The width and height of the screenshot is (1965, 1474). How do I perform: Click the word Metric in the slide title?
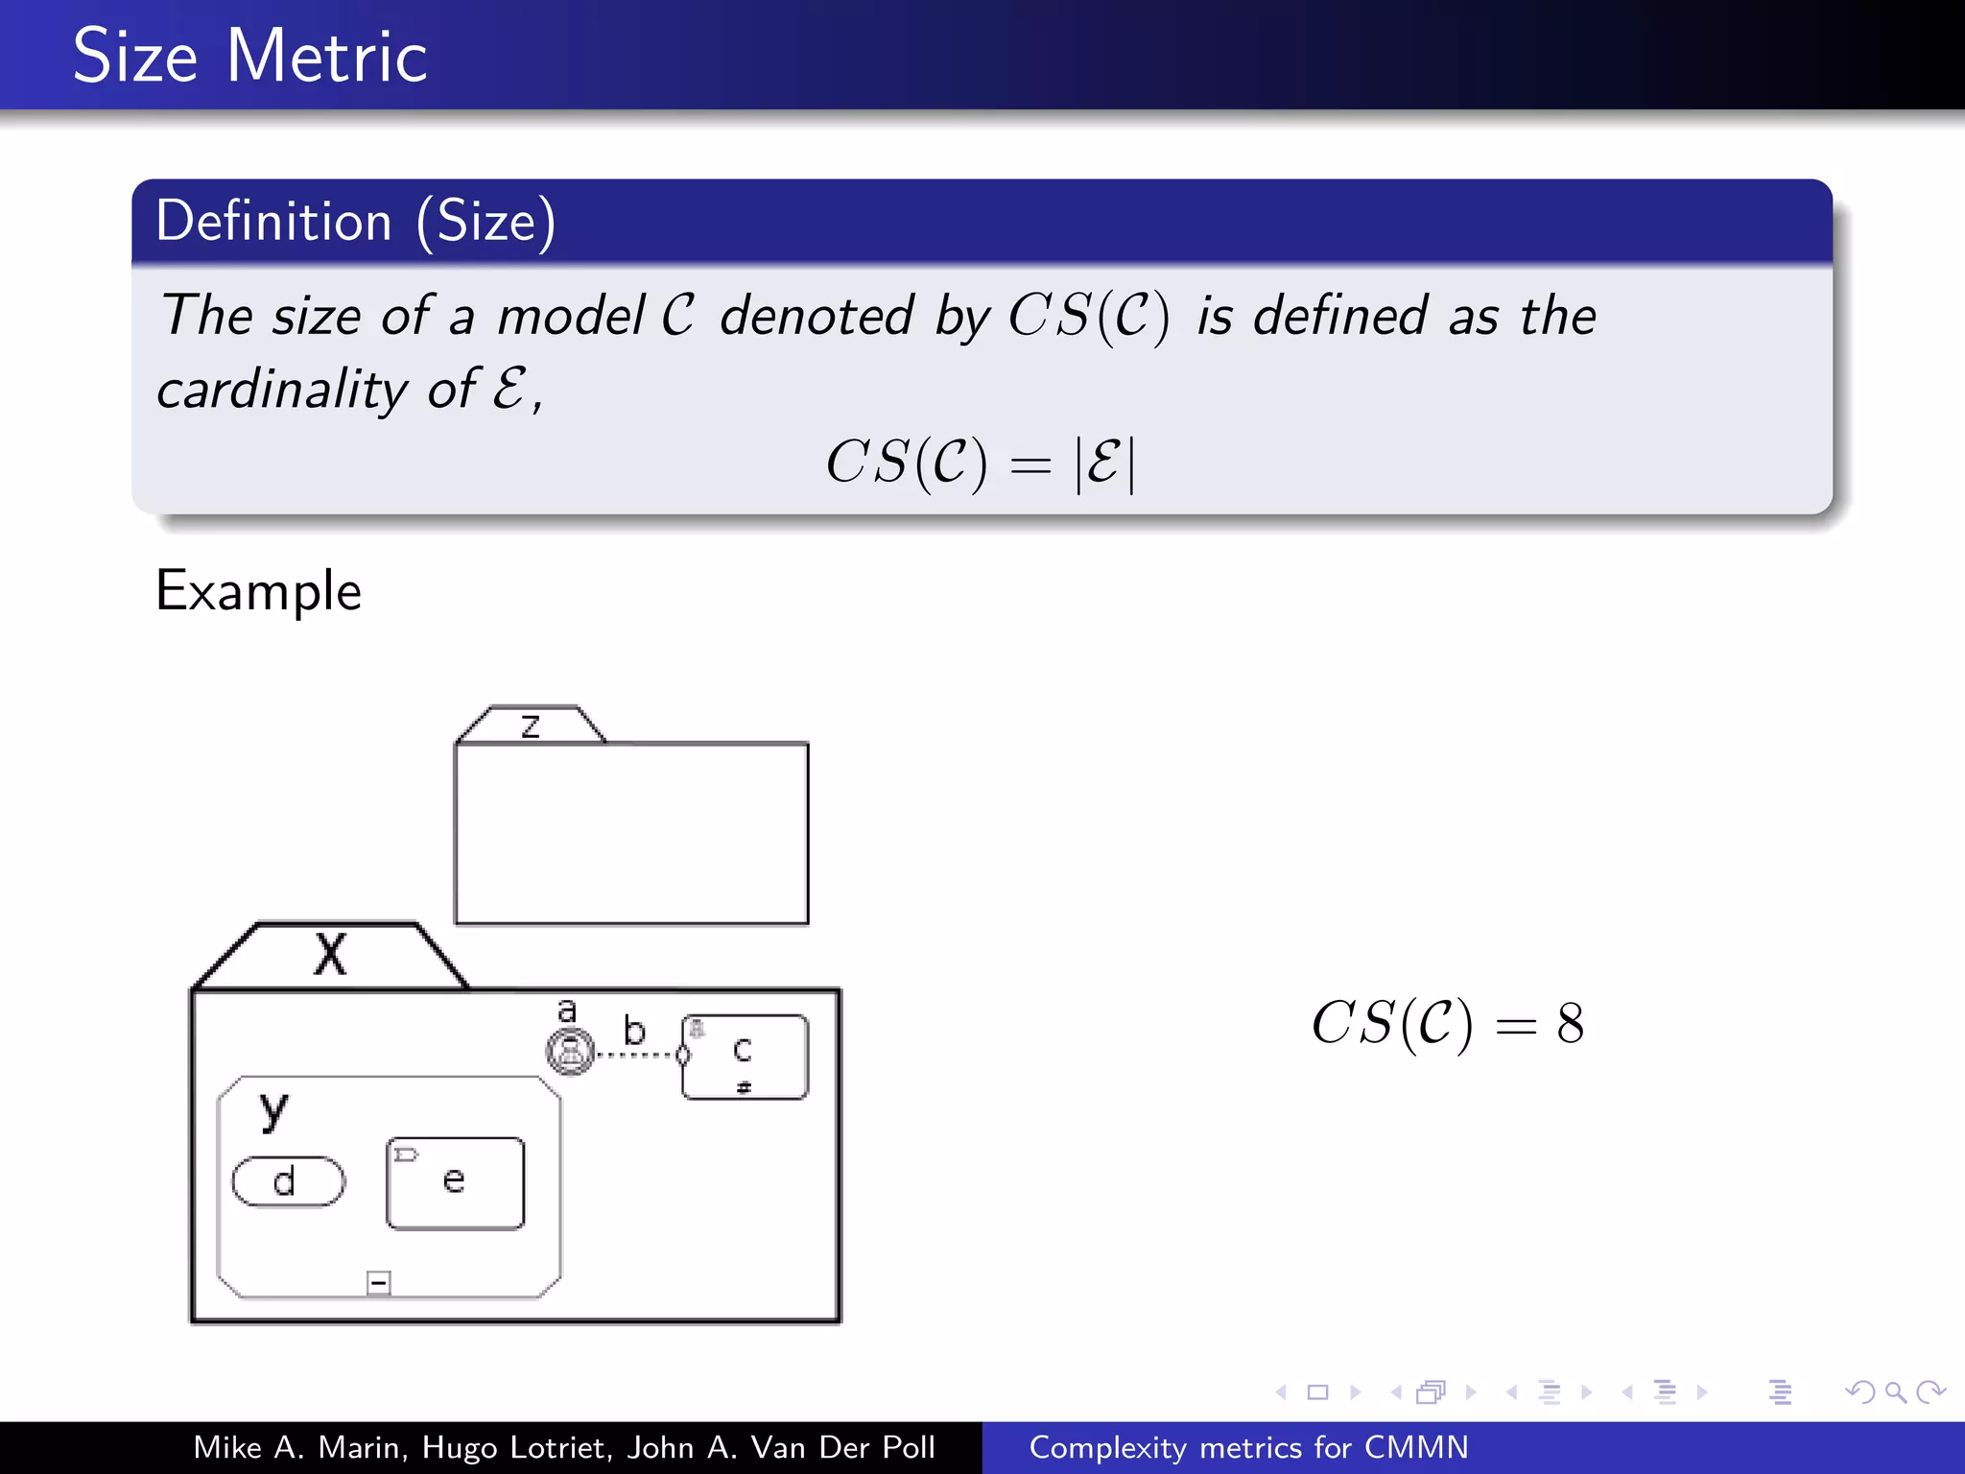point(326,58)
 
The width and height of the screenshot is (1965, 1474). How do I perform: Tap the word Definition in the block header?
point(273,222)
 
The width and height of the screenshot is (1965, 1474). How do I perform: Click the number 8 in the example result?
point(1571,1024)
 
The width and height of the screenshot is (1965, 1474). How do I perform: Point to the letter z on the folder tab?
point(531,725)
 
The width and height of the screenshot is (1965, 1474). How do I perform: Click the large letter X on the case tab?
point(330,956)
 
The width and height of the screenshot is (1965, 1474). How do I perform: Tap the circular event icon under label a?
point(571,1052)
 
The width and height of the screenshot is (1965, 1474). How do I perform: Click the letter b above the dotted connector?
point(634,1031)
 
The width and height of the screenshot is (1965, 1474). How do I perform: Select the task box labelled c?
point(745,1057)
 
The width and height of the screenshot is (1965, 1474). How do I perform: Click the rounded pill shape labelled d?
point(288,1181)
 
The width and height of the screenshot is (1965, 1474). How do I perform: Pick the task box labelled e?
point(455,1183)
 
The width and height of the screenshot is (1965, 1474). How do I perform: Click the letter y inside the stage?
point(273,1110)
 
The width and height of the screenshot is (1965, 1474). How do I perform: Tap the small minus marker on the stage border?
point(379,1283)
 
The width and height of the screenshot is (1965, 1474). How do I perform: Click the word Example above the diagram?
point(259,591)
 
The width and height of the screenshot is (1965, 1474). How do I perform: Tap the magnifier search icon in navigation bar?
point(1895,1392)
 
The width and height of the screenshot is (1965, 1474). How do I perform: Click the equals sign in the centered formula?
point(1031,465)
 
